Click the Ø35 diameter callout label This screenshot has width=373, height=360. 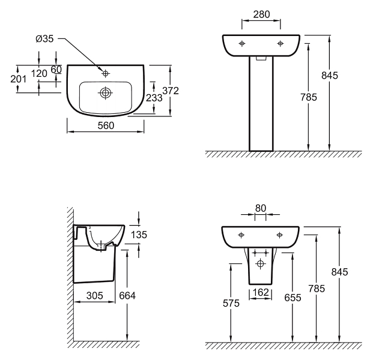tap(44, 38)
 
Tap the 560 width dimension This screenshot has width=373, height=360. tap(106, 125)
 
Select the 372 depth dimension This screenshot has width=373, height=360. tap(171, 91)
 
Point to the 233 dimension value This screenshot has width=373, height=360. tap(154, 98)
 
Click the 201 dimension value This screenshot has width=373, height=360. tap(19, 79)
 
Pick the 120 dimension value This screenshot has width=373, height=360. tap(39, 73)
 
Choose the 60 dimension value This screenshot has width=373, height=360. tap(56, 70)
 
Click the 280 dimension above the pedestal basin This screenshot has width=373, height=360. tap(261, 14)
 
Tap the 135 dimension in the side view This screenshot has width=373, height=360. tap(139, 235)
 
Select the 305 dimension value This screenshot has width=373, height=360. tap(95, 296)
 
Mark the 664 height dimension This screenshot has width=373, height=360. tap(127, 296)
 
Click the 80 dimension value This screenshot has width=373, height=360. tap(261, 208)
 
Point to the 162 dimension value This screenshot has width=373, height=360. tap(261, 292)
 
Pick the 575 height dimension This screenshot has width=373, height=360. tap(231, 303)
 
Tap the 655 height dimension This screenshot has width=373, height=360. tap(293, 298)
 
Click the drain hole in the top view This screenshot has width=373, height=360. tap(105, 92)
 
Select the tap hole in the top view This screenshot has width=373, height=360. tap(105, 74)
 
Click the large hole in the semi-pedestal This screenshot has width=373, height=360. tap(260, 263)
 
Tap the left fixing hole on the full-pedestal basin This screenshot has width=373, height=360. tap(242, 43)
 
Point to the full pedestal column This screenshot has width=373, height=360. tap(261, 104)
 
